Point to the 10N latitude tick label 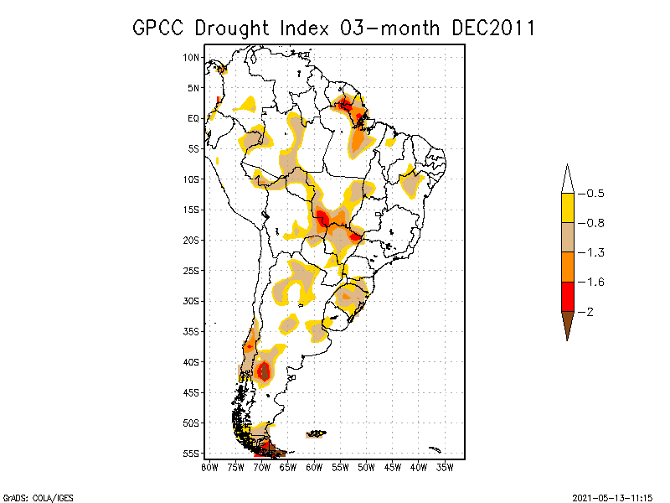pos(191,57)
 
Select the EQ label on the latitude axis pos(193,118)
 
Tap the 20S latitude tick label pos(191,240)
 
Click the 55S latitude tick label pos(191,454)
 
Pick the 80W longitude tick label pos(209,466)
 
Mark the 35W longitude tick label pos(444,466)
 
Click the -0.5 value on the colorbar pos(595,194)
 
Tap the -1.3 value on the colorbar pos(595,252)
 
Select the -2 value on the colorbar pos(590,311)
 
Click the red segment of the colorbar pos(567,296)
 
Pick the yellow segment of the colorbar pos(567,208)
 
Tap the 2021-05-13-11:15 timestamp pos(616,496)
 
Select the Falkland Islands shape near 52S pos(317,433)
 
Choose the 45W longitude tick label pos(392,466)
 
